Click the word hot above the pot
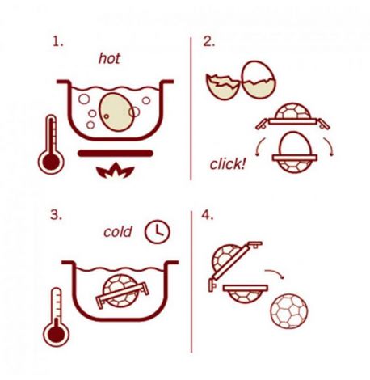pos(109,58)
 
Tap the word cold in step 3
pos(118,232)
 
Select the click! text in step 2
pos(228,164)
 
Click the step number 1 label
pos(58,42)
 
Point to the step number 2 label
pos(209,42)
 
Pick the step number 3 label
pos(56,215)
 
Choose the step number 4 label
pos(208,215)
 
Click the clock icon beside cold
pos(158,232)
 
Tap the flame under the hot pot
pos(116,171)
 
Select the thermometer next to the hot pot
pos(51,145)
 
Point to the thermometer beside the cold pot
pos(56,317)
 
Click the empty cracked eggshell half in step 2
pos(223,87)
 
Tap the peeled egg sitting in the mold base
pos(295,145)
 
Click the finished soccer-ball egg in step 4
pos(288,311)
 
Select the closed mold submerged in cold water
pos(122,291)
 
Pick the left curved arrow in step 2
pos(260,147)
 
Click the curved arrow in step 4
pos(274,273)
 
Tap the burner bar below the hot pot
pos(116,154)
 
